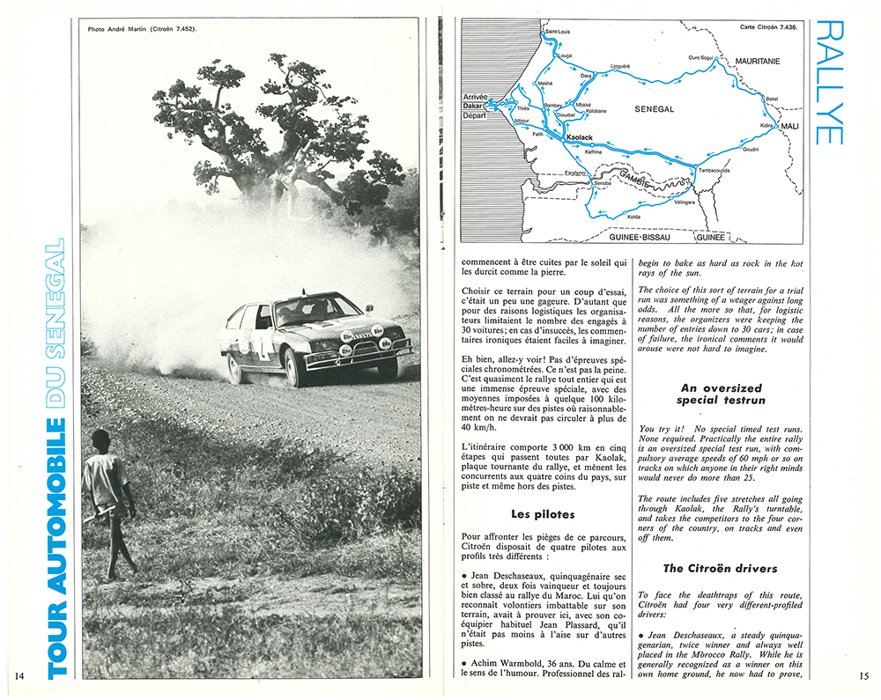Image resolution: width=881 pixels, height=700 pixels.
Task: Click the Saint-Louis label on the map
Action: pyautogui.click(x=559, y=32)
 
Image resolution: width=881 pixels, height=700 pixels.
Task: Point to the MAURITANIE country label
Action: pyautogui.click(x=757, y=62)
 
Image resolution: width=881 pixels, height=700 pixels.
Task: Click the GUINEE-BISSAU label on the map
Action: pyautogui.click(x=642, y=237)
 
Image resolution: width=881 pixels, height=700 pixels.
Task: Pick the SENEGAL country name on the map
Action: pyautogui.click(x=654, y=109)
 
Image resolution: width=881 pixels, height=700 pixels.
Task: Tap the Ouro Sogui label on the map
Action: pyautogui.click(x=705, y=57)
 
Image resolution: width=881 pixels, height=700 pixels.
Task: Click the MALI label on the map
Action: pyautogui.click(x=789, y=127)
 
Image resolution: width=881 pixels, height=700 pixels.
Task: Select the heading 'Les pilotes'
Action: pyautogui.click(x=543, y=513)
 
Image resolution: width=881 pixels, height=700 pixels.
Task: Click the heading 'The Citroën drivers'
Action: pyautogui.click(x=709, y=568)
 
